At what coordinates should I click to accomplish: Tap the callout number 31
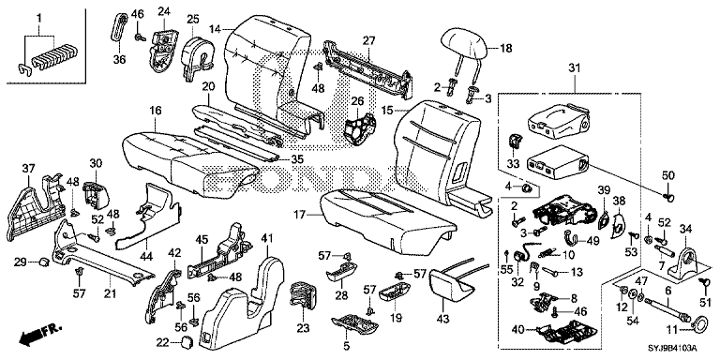[x=574, y=68]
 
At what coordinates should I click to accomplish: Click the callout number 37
[x=28, y=170]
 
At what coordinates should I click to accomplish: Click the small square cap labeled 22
[x=187, y=342]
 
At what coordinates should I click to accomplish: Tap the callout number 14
[x=214, y=29]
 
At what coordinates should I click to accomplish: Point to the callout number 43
[x=441, y=304]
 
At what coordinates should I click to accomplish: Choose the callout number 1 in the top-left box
[x=39, y=19]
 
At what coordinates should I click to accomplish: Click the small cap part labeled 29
[x=45, y=262]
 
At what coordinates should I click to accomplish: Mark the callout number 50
[x=668, y=175]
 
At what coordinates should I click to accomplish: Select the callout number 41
[x=267, y=237]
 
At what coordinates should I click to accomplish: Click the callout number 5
[x=347, y=346]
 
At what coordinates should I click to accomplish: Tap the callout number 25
[x=193, y=19]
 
